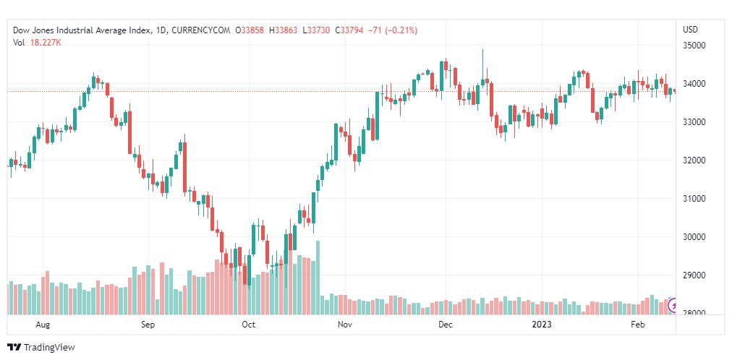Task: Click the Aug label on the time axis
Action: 43,325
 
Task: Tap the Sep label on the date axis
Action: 148,325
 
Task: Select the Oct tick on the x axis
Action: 248,325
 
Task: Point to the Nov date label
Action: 345,325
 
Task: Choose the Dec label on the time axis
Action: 445,325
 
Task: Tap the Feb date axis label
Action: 638,325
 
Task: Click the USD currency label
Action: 690,30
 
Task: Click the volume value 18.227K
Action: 45,42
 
